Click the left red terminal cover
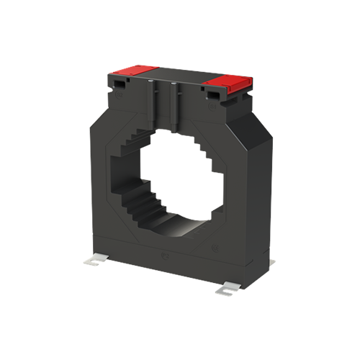pos(134,69)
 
